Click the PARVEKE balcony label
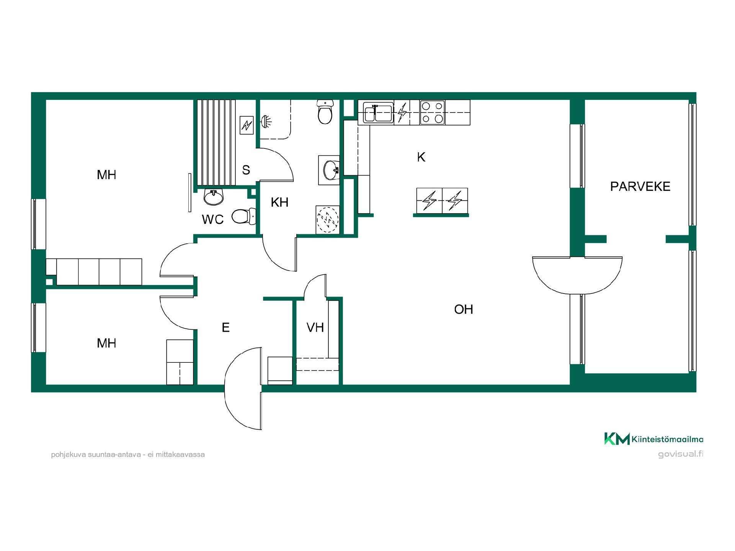pyautogui.click(x=640, y=186)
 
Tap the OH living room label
pyautogui.click(x=464, y=309)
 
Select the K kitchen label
pyautogui.click(x=421, y=157)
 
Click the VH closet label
pyautogui.click(x=315, y=328)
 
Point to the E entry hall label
pyautogui.click(x=225, y=328)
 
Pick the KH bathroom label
pyautogui.click(x=279, y=202)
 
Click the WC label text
pyautogui.click(x=213, y=220)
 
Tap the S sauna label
pyautogui.click(x=246, y=170)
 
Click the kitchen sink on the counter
pyautogui.click(x=378, y=112)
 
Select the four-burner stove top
pyautogui.click(x=432, y=112)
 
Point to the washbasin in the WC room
pyautogui.click(x=213, y=197)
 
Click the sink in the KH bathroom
pyautogui.click(x=330, y=170)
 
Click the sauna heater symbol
pyautogui.click(x=247, y=125)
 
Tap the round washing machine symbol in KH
pyautogui.click(x=328, y=220)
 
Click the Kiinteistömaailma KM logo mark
pyautogui.click(x=617, y=439)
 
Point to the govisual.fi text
pyautogui.click(x=681, y=454)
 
